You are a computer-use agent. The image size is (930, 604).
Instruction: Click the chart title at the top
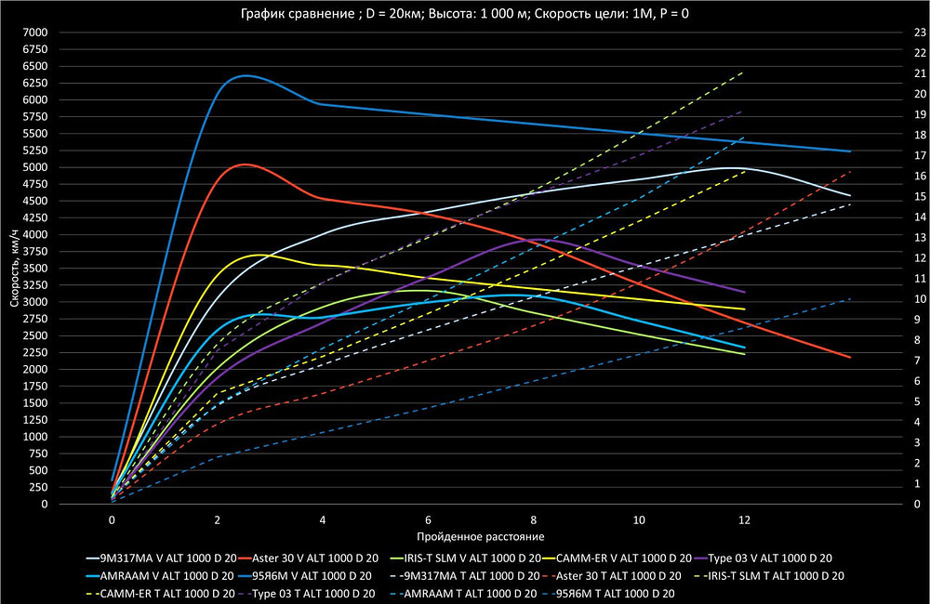coord(465,13)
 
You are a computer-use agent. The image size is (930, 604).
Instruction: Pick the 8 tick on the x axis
coord(533,519)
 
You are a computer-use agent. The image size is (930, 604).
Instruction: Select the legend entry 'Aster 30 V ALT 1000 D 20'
coord(312,558)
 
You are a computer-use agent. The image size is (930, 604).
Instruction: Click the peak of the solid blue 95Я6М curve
coord(246,75)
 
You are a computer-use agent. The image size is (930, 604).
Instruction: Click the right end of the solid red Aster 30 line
coord(849,357)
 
